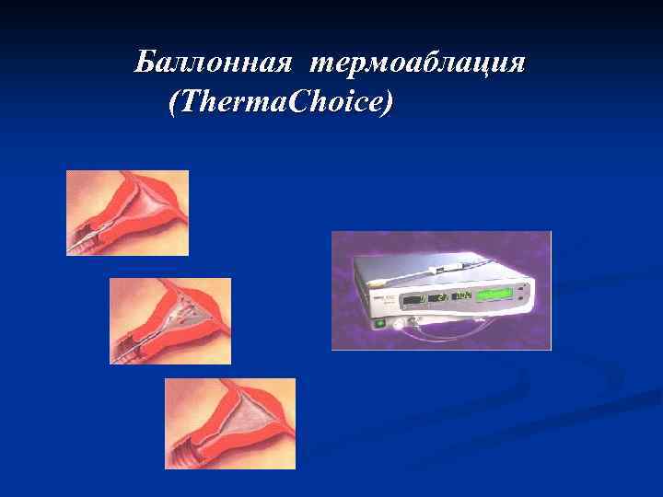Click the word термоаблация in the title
point(418,64)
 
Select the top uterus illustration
point(127,213)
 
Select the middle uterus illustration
point(170,321)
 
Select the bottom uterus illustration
point(229,423)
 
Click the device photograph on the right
point(441,290)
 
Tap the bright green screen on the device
point(495,295)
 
